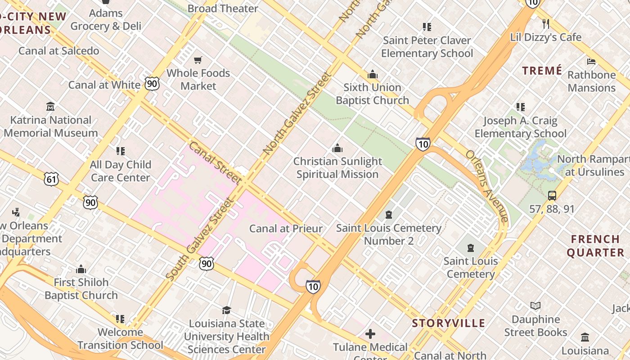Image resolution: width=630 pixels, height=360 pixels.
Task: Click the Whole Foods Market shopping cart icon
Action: tap(198, 60)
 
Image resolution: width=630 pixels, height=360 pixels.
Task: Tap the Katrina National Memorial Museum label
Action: tap(50, 126)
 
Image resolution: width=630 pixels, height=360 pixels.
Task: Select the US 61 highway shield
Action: tap(52, 179)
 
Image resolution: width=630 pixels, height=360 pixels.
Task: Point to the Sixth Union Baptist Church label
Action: tap(372, 94)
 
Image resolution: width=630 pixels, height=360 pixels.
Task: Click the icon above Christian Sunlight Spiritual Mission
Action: tap(337, 148)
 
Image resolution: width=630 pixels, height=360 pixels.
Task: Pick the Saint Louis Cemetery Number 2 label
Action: tap(389, 234)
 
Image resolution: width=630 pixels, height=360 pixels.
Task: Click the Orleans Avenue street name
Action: tap(488, 186)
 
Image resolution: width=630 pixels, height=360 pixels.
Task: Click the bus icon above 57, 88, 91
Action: tap(552, 196)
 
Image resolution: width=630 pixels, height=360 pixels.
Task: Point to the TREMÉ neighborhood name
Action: tap(542, 71)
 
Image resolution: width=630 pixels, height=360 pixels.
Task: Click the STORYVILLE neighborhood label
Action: tap(449, 323)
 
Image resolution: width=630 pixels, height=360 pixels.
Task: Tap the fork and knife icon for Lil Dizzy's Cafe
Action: tap(546, 23)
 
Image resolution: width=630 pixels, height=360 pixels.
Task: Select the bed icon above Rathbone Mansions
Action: tap(591, 61)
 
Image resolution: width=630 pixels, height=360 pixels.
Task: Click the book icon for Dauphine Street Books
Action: tap(535, 306)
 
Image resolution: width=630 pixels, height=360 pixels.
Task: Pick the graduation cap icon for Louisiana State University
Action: tap(226, 310)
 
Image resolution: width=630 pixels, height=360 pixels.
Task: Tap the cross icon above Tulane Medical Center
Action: tap(370, 334)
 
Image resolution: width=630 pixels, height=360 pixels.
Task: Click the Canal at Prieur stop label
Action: tap(286, 229)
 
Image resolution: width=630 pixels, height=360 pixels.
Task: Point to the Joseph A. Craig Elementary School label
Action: tap(521, 127)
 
